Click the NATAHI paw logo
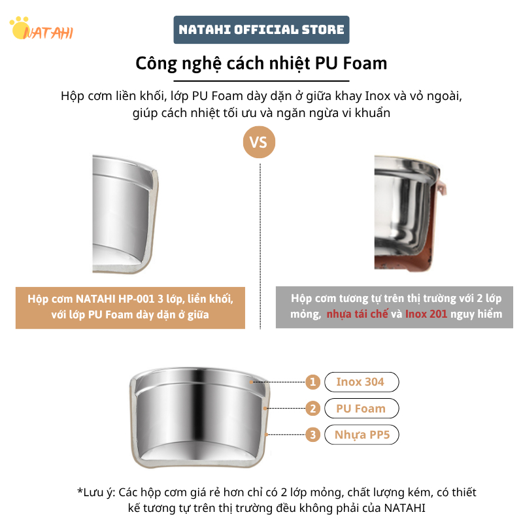[41, 29]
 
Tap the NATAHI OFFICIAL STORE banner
[261, 29]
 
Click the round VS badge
[259, 142]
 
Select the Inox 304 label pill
[362, 382]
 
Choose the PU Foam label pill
[362, 408]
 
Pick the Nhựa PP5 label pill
[362, 435]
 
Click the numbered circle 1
[312, 382]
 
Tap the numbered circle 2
[312, 408]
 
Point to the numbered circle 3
[312, 435]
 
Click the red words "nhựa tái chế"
[357, 314]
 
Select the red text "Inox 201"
[426, 314]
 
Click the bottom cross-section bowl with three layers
[199, 418]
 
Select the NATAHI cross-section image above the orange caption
[126, 214]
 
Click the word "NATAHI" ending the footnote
[405, 508]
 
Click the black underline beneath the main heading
[261, 81]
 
